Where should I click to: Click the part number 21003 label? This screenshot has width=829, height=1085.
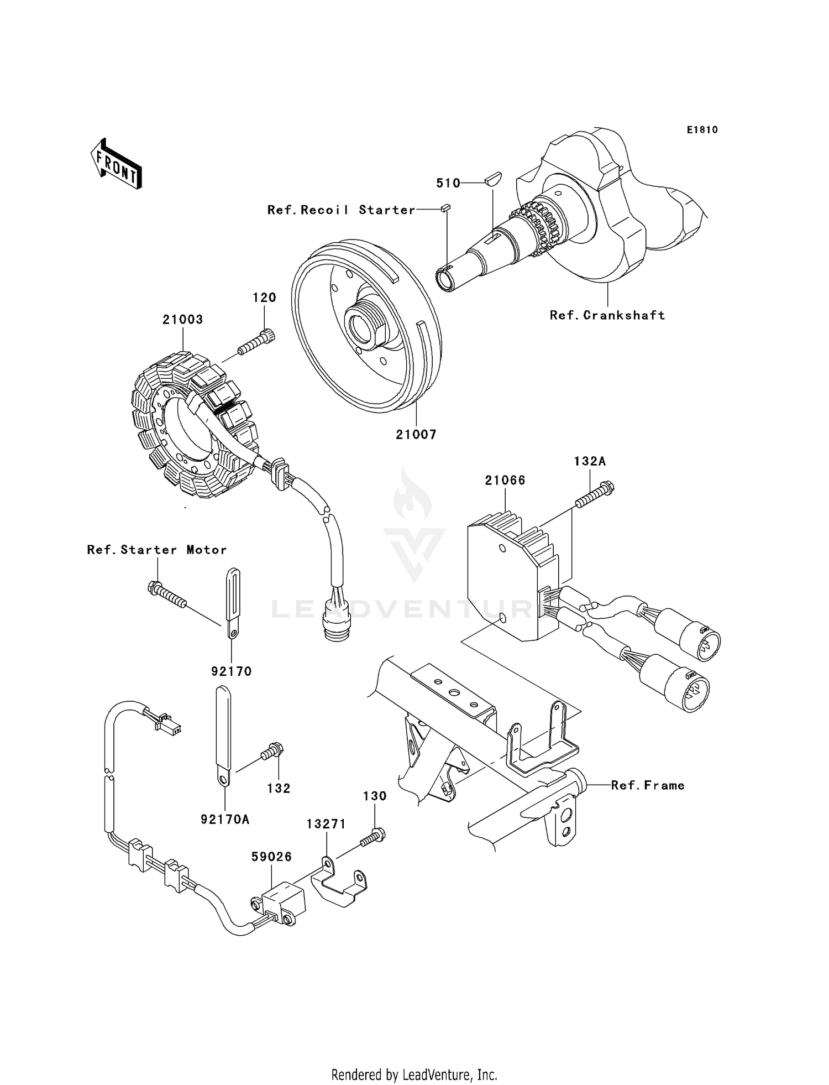click(182, 320)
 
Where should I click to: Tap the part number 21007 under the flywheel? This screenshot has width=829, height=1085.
click(416, 435)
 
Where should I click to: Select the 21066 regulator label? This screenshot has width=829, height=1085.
click(505, 481)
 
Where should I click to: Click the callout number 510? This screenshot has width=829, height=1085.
click(448, 183)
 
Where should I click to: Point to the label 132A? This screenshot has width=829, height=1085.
click(590, 461)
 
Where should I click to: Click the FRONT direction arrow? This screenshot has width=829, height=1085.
click(117, 165)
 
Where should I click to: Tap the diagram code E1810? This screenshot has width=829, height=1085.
click(702, 130)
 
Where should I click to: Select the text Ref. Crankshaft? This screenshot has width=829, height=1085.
click(607, 315)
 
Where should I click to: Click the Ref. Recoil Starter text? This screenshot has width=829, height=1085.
click(341, 210)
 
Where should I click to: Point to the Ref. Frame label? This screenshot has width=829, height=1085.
click(648, 785)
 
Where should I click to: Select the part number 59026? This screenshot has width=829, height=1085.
click(271, 857)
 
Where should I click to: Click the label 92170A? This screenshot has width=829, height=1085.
click(225, 820)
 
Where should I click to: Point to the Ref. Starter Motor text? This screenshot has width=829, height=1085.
click(157, 550)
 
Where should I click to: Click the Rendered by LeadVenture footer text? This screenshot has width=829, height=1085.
click(414, 1074)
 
